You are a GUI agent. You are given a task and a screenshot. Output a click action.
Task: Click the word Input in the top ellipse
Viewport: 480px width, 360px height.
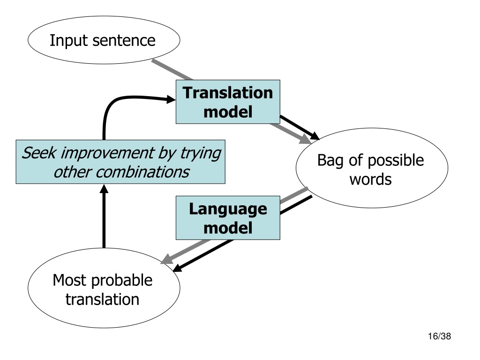[x=69, y=41]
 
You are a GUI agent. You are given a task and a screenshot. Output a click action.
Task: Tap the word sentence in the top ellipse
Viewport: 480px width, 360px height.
[x=124, y=41]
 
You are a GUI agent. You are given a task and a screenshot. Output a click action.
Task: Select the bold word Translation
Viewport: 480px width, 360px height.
[x=228, y=93]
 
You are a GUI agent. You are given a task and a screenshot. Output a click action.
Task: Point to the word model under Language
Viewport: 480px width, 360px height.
[x=228, y=228]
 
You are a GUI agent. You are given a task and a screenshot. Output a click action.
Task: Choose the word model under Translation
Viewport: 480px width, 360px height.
[x=228, y=112]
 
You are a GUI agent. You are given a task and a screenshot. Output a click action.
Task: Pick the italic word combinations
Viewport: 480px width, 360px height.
[x=142, y=172]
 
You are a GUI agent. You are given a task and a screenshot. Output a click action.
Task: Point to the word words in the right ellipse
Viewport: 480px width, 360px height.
[x=370, y=180]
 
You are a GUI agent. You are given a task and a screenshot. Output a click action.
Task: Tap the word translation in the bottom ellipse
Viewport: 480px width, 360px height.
[x=103, y=300]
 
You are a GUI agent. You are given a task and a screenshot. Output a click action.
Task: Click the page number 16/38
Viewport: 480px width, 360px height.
[x=439, y=336]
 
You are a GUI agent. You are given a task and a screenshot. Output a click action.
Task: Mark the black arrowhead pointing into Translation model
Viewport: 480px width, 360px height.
[x=171, y=99]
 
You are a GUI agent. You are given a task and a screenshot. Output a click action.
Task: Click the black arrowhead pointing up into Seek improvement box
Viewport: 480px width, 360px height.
[x=104, y=188]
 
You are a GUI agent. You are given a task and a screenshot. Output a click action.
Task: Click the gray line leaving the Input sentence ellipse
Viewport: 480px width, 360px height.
[x=172, y=70]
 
